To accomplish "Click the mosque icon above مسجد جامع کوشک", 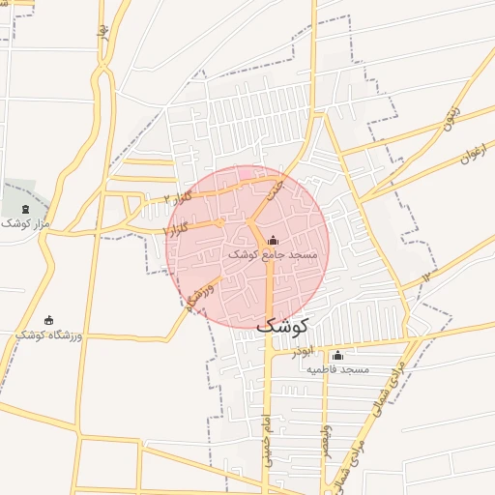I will [273, 240].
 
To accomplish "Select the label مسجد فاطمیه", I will [338, 369].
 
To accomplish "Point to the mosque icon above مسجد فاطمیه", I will [336, 356].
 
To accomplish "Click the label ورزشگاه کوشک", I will [49, 334].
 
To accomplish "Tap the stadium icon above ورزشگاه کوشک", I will [49, 320].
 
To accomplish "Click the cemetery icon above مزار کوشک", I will [25, 209].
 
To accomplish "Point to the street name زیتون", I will [451, 117].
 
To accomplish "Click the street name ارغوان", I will [470, 152].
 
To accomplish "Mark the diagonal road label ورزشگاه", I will [197, 296].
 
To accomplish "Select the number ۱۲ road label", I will [425, 277].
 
